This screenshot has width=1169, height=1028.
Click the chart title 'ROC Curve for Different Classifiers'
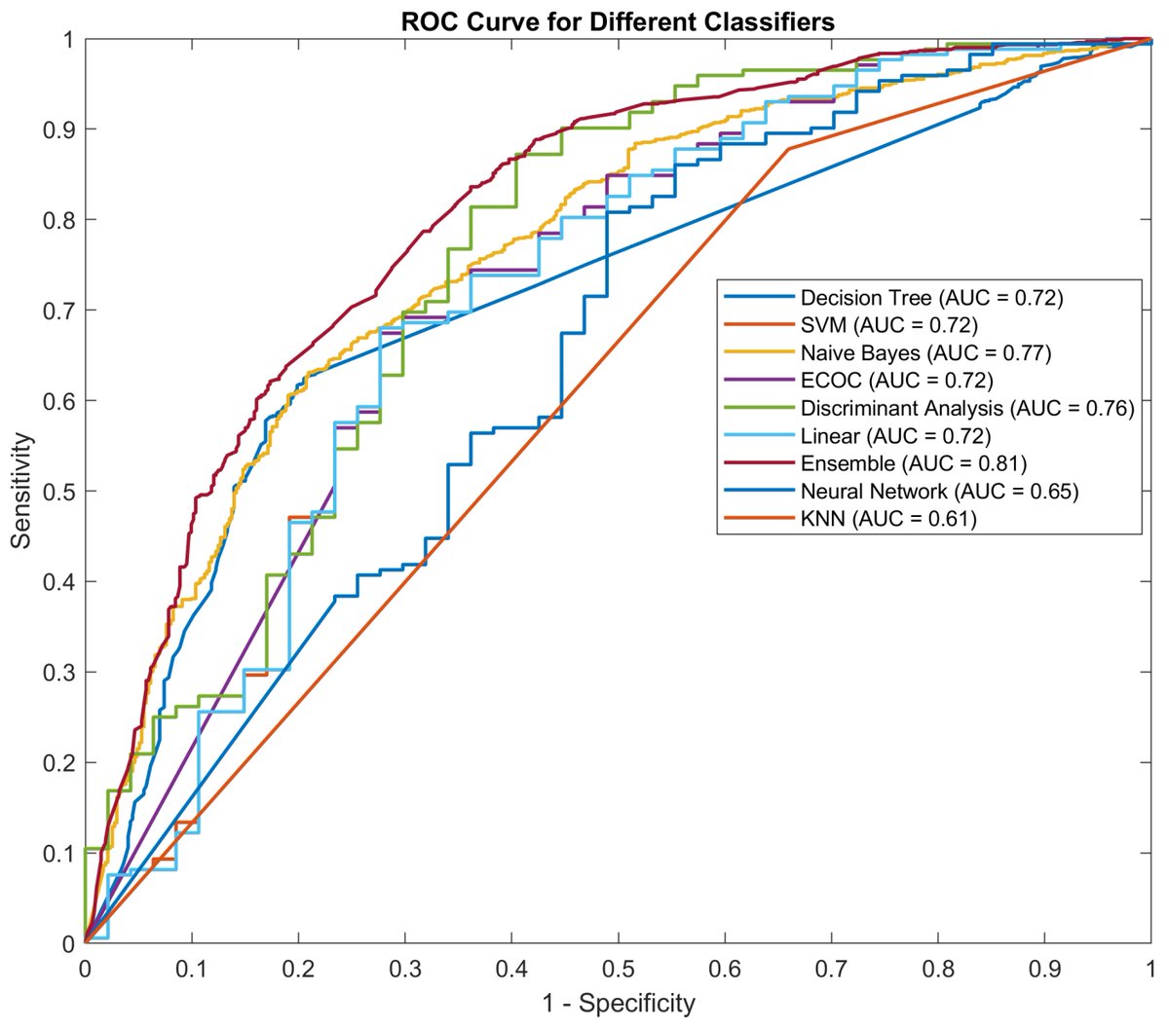coord(618,20)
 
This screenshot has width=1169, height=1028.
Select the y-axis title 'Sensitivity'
coord(20,491)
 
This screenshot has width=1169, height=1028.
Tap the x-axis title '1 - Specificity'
coord(618,1004)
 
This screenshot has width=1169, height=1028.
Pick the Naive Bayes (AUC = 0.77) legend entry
coord(925,352)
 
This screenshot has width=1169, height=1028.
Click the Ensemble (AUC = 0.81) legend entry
coord(913,463)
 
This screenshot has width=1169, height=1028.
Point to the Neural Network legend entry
coord(939,491)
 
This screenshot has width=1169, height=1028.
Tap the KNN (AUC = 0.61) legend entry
coord(887,519)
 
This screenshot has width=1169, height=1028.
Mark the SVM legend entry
coord(888,324)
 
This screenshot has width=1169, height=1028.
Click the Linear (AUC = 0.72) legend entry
coord(895,435)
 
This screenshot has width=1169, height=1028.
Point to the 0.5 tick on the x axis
coord(618,970)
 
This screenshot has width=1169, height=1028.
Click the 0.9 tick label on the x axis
coord(1043,970)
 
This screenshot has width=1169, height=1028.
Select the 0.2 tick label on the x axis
coord(298,970)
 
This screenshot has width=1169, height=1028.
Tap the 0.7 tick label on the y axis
coord(60,311)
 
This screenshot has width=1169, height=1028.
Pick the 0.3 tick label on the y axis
coord(60,672)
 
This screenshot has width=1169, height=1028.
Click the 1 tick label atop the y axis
coord(68,39)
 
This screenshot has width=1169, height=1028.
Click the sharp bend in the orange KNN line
coord(787,149)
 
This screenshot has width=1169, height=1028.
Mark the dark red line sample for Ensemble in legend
coord(757,463)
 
